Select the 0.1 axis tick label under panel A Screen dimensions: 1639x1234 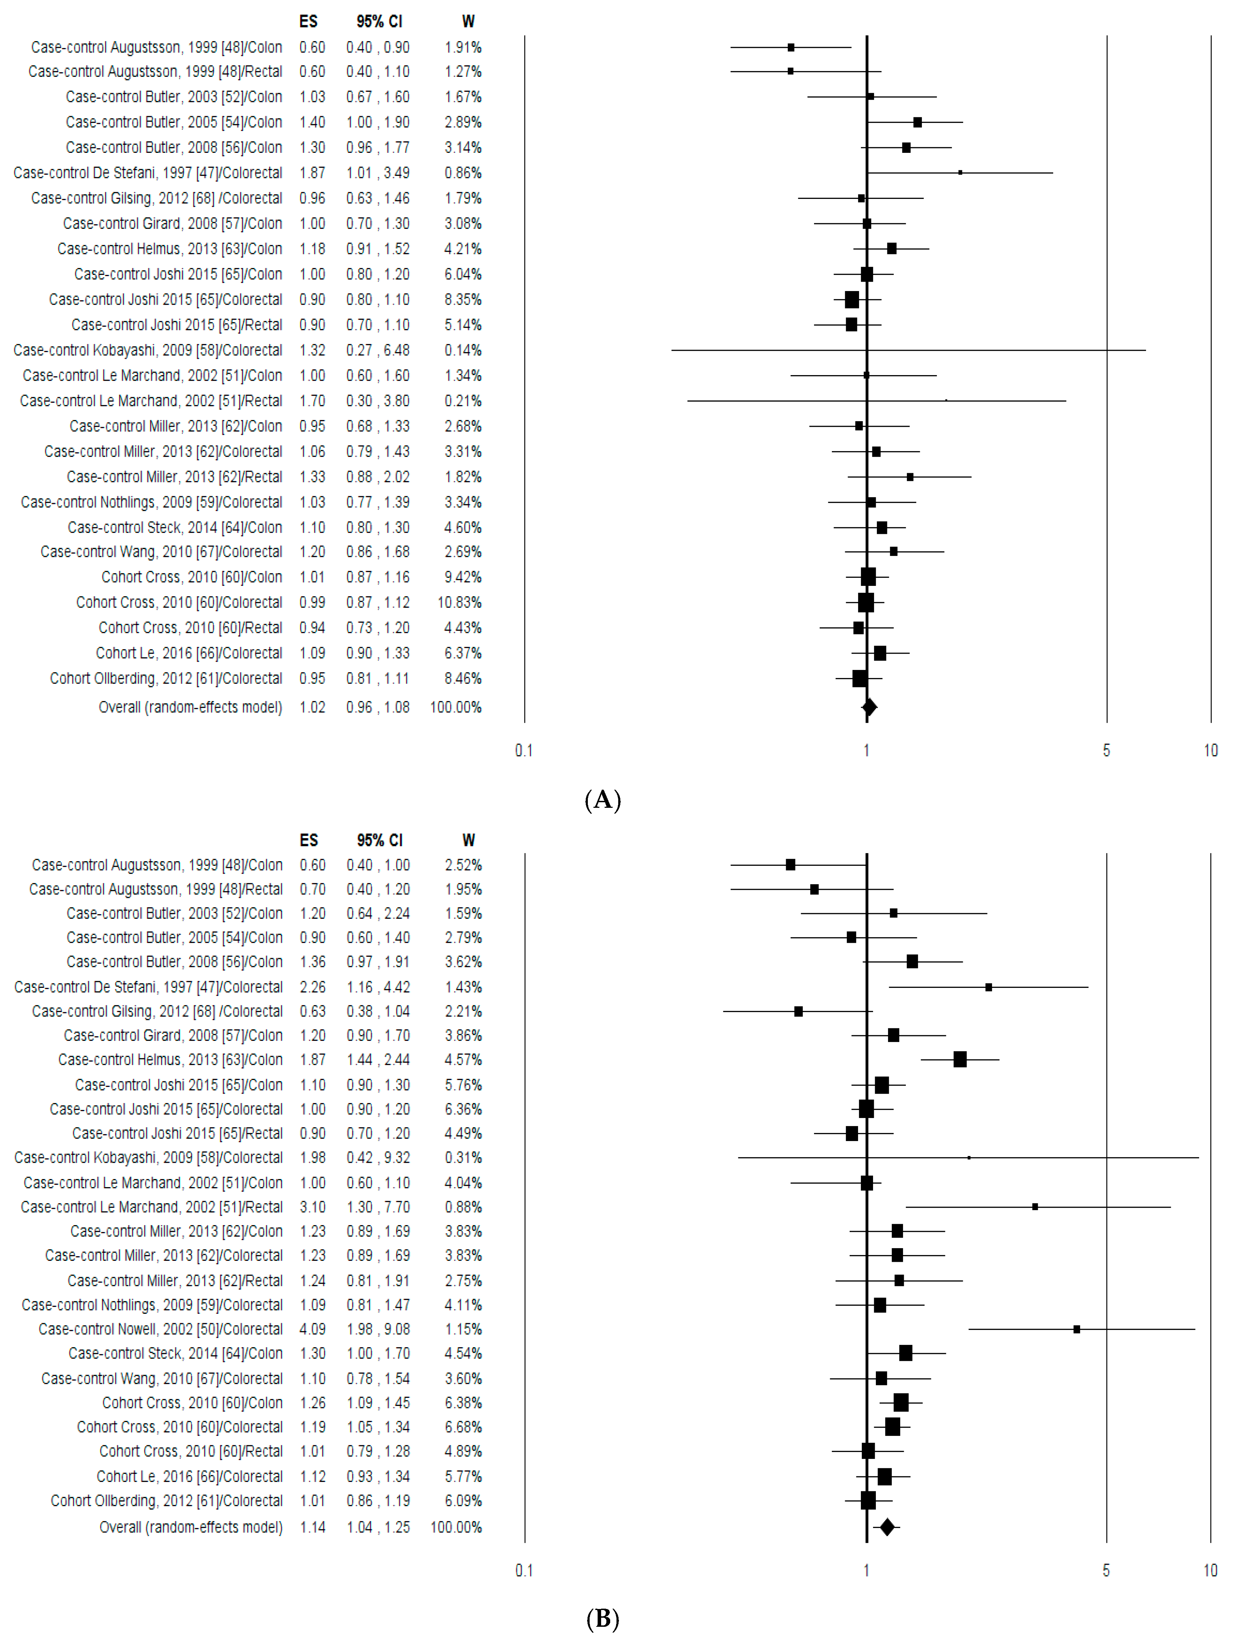(524, 751)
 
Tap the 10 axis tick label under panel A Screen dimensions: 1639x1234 (1210, 751)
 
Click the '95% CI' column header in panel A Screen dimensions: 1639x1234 (379, 22)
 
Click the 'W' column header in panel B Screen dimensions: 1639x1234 (468, 840)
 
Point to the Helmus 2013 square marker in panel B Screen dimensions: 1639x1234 (960, 1059)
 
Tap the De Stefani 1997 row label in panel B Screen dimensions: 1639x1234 (148, 987)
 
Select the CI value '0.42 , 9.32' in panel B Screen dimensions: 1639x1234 (378, 1157)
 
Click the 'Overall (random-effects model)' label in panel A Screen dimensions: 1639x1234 (191, 707)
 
